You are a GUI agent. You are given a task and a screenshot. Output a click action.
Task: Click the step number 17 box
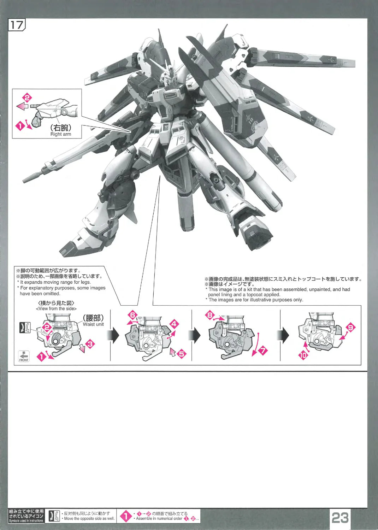(x=17, y=25)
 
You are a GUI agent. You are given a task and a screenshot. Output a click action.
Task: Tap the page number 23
(x=340, y=518)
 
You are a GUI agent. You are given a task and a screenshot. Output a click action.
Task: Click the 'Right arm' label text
(x=60, y=134)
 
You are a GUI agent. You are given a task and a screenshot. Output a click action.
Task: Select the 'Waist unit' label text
(x=93, y=324)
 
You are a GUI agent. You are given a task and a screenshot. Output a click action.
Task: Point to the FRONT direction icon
(x=23, y=356)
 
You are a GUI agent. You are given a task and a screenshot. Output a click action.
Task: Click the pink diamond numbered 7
(x=263, y=351)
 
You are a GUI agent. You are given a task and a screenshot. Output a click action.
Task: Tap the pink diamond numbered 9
(x=350, y=328)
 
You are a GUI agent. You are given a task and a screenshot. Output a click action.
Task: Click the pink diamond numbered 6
(x=132, y=315)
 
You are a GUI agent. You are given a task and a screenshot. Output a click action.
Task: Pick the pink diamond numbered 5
(x=182, y=354)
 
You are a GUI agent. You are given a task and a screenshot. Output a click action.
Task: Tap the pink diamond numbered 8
(x=209, y=315)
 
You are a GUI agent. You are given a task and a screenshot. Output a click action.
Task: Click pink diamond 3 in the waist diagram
(x=90, y=344)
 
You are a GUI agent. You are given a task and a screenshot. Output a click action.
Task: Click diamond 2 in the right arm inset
(x=27, y=98)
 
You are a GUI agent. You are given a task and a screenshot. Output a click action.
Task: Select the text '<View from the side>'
(x=56, y=308)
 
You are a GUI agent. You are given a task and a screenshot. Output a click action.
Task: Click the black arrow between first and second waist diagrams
(x=113, y=335)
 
